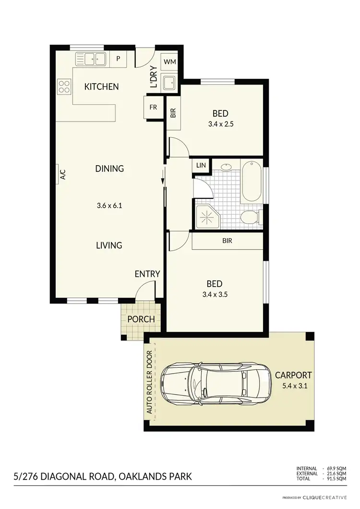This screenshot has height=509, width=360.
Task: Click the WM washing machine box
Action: coord(169,62)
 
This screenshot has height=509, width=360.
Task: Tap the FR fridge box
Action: coord(153,107)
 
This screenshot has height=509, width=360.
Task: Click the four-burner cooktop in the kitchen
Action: coord(64,86)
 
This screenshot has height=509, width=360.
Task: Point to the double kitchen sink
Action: coord(91,59)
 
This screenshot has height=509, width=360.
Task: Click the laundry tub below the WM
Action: coord(169,83)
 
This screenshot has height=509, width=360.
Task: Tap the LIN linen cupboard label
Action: coord(201,165)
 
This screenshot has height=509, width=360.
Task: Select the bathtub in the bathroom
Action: coord(252,182)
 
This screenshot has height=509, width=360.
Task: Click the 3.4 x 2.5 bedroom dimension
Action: coord(220,123)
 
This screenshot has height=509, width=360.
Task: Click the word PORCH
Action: coord(141,319)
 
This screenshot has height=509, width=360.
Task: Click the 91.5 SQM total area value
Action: coord(336,479)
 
